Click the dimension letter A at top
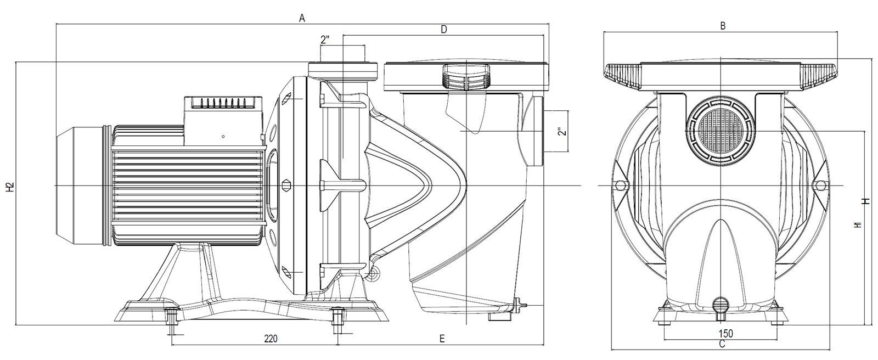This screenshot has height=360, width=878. point(302,18)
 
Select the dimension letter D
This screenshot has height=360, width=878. point(444,30)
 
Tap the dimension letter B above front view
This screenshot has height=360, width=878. point(723,25)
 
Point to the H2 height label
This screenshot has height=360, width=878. point(9,187)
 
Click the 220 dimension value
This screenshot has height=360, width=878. point(270,339)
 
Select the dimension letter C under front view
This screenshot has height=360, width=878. point(722,344)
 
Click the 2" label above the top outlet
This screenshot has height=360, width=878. point(325,40)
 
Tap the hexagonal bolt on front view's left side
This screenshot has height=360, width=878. point(621,185)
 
